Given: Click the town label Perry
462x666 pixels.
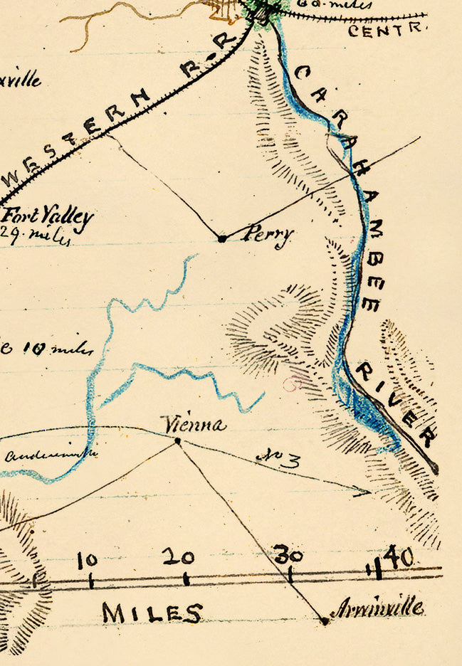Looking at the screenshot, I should [266, 236].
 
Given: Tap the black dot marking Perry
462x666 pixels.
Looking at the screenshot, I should [222, 239].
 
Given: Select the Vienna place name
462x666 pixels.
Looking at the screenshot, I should [194, 425].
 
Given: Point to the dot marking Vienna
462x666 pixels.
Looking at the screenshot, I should [177, 442].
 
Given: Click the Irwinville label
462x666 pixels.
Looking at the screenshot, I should [377, 608].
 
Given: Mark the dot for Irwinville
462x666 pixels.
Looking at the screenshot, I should [325, 621].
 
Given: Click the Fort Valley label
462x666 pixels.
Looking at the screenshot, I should [48, 217].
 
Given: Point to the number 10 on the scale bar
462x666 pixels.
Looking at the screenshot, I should [88, 561].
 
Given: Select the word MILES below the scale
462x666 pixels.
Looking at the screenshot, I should [152, 613].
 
